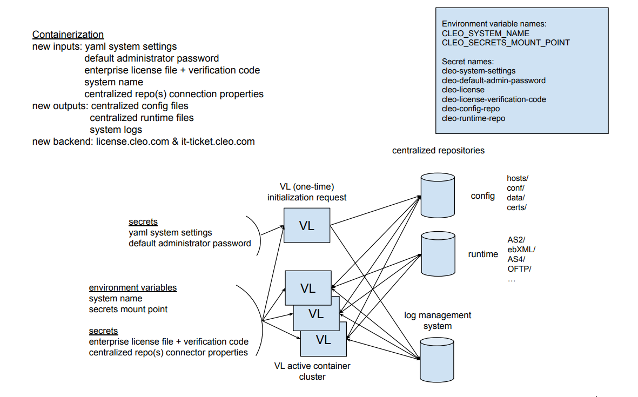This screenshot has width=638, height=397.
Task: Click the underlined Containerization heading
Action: [x=68, y=35]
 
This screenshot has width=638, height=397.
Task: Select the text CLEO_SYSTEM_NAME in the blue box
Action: [x=478, y=33]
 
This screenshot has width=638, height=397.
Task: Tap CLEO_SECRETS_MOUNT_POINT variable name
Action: [x=506, y=43]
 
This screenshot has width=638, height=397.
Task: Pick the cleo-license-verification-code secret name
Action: [x=494, y=99]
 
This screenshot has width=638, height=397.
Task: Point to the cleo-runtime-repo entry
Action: [x=474, y=118]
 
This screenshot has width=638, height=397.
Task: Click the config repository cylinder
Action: [x=437, y=196]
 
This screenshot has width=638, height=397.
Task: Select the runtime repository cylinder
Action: [x=437, y=254]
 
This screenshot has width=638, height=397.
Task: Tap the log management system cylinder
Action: [x=437, y=359]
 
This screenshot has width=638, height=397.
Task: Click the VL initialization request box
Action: [x=307, y=226]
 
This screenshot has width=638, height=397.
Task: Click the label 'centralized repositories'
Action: [x=438, y=151]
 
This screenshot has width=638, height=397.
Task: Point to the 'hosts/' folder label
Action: [x=518, y=178]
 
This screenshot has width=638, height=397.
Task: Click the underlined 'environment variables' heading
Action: [x=133, y=288]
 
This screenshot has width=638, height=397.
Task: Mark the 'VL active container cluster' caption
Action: [x=312, y=371]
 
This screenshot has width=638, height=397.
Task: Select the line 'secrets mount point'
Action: [x=128, y=309]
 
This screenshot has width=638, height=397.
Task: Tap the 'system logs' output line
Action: [x=116, y=130]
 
